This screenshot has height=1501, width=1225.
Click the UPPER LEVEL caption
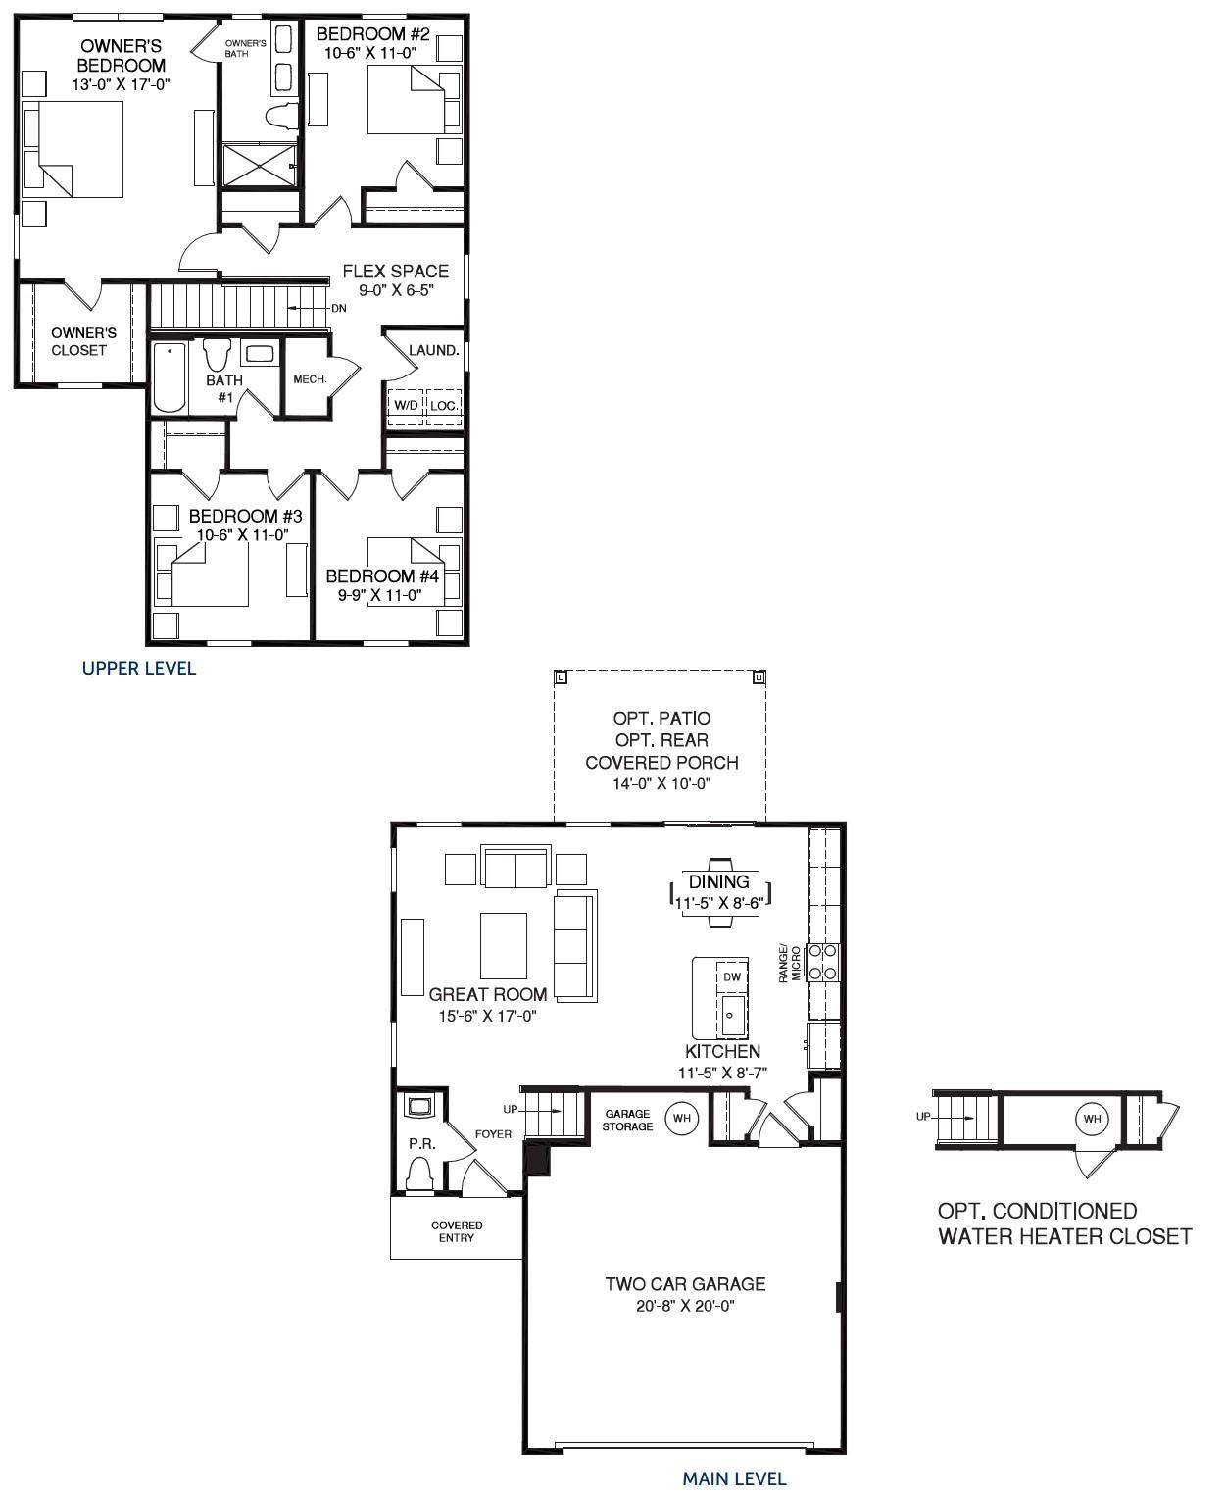pos(138,669)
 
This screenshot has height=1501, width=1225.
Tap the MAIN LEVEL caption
pos(734,1478)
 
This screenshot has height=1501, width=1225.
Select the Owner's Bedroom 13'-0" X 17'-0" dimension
pos(122,84)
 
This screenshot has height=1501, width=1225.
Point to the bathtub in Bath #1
pos(169,377)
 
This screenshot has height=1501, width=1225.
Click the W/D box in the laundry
pos(406,404)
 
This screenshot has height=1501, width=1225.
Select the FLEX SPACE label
pos(395,272)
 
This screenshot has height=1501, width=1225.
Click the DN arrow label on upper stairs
pos(338,308)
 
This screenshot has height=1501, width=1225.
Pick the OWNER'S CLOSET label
pos(83,341)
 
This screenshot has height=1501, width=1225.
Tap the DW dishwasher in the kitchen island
pos(731,977)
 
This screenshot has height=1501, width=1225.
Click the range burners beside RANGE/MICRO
pos(822,962)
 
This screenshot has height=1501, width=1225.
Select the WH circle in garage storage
pos(681,1117)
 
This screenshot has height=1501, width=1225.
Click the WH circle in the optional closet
pos(1092,1119)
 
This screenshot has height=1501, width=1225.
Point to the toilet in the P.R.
pos(419,1173)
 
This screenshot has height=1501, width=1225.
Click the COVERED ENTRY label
pos(457,1231)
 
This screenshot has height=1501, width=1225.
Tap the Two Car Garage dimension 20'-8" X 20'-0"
pos(685,1307)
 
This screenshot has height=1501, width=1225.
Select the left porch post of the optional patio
pos(561,676)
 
